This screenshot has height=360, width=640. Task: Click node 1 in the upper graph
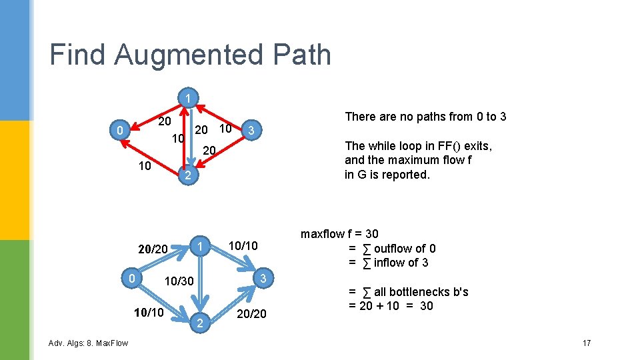click(x=189, y=99)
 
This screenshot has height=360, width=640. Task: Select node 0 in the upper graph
click(x=119, y=131)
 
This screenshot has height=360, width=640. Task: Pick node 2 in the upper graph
click(x=189, y=176)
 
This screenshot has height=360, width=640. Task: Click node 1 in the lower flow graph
click(x=199, y=247)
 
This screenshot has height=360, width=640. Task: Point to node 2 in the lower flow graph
click(x=199, y=323)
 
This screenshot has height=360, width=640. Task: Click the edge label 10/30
click(x=179, y=282)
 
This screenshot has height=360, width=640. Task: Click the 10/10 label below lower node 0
click(x=150, y=311)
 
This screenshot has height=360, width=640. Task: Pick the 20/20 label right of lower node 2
click(x=251, y=313)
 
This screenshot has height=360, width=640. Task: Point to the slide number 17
click(x=587, y=343)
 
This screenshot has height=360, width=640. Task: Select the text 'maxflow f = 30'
click(x=339, y=234)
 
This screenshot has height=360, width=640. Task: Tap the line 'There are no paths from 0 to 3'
click(x=425, y=117)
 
